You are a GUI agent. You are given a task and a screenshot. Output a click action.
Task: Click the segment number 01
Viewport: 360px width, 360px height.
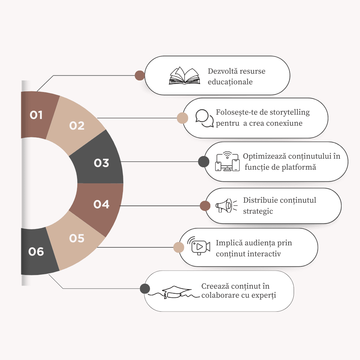pos(36,115)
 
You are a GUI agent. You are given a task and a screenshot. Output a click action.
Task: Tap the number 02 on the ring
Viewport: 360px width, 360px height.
pos(77,126)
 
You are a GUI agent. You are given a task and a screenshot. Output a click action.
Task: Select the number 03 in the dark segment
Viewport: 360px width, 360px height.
pos(101,163)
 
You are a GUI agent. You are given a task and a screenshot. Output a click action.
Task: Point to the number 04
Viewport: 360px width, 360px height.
pos(101,204)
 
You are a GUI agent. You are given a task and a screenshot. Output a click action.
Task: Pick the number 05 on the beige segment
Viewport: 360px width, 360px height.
pos(77,238)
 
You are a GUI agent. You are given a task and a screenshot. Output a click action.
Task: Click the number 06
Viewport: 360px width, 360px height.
pos(36,251)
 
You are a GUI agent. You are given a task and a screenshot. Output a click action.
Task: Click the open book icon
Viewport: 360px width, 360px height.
pos(184,76)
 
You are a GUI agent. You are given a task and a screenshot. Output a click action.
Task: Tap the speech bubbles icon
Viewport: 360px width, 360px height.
pos(204,118)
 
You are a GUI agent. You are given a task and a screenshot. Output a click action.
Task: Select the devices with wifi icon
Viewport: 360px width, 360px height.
pos(227,161)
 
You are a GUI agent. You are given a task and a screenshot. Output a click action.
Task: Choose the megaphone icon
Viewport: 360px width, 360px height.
pos(226,205)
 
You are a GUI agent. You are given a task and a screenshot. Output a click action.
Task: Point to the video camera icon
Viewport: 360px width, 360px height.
pos(198,246)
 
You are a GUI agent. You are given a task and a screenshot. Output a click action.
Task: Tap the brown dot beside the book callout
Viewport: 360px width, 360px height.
pos(140,75)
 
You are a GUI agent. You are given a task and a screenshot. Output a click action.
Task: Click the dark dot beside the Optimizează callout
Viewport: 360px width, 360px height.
pos(204,162)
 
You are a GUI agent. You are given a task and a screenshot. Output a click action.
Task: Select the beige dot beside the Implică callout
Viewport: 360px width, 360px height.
pos(179,247)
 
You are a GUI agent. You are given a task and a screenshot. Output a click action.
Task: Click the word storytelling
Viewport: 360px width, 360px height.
pos(290,112)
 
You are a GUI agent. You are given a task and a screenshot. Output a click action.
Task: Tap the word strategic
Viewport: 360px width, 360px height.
pos(258,211)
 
